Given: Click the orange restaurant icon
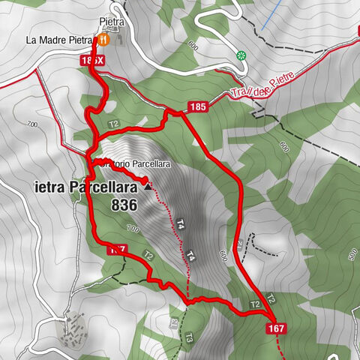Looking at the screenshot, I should pyautogui.click(x=105, y=39).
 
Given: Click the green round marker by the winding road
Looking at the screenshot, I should pyautogui.click(x=241, y=55).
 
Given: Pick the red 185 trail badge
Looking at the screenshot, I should pyautogui.click(x=197, y=107).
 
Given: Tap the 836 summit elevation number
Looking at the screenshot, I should pyautogui.click(x=124, y=204).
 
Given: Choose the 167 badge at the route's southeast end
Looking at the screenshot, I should pyautogui.click(x=274, y=328).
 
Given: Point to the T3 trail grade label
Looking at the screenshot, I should pyautogui.click(x=189, y=337).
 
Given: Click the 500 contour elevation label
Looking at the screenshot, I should pyautogui.click(x=353, y=256).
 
